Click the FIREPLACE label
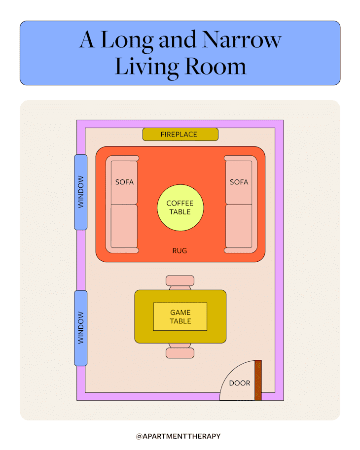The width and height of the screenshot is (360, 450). click(179, 134)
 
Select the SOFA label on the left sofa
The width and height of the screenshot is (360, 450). click(124, 182)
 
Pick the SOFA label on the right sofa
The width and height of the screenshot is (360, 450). click(239, 182)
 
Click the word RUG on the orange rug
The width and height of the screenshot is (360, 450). click(180, 251)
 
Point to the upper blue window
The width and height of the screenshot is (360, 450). click(81, 192)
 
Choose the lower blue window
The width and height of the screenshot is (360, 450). click(81, 328)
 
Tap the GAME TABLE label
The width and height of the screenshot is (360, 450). click(180, 317)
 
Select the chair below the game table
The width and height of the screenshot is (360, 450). click(180, 352)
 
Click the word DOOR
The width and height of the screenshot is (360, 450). click(240, 383)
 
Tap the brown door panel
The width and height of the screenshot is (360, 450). click(258, 380)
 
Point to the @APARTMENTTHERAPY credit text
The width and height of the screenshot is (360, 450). click(179, 436)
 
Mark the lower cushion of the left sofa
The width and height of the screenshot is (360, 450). click(124, 226)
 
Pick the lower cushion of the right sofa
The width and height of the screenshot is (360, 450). click(239, 226)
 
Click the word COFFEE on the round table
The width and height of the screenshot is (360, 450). click(180, 204)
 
